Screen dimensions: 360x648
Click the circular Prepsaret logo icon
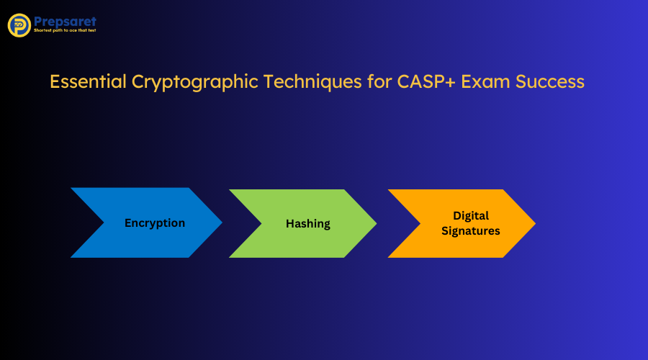pyautogui.click(x=19, y=25)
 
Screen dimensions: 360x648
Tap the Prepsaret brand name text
pyautogui.click(x=64, y=22)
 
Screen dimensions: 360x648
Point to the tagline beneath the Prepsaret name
pyautogui.click(x=65, y=31)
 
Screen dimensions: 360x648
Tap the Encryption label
pyautogui.click(x=155, y=223)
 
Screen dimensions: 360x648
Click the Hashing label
pyautogui.click(x=308, y=224)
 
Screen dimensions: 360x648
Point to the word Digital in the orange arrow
pyautogui.click(x=471, y=215)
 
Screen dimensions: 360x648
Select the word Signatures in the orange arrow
pyautogui.click(x=471, y=231)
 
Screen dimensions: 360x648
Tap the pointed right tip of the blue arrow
pyautogui.click(x=220, y=222)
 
